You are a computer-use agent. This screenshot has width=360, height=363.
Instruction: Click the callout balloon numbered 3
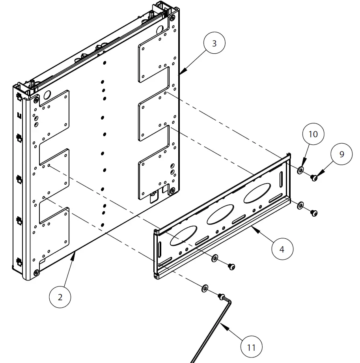tap(214, 44)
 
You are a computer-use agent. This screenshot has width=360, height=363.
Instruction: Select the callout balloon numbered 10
tap(313, 135)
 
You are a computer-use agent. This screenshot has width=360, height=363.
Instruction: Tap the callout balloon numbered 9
tap(341, 154)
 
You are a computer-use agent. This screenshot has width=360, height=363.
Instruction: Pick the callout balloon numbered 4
tap(282, 249)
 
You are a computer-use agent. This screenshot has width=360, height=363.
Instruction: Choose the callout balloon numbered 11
tap(251, 347)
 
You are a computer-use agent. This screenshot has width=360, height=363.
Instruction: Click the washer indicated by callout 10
tap(300, 170)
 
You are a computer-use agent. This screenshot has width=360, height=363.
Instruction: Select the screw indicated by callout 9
tap(314, 178)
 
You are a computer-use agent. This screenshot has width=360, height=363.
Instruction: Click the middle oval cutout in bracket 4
tap(221, 215)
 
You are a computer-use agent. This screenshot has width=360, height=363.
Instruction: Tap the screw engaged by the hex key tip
tap(222, 296)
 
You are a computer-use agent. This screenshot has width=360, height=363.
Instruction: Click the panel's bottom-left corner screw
tap(36, 272)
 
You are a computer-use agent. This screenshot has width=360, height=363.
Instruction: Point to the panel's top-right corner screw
tap(173, 18)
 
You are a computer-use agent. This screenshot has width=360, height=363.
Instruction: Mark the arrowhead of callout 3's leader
tap(180, 73)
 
